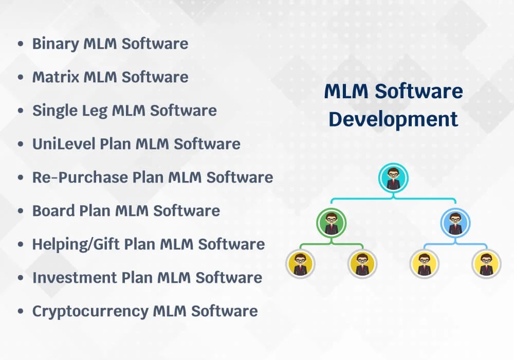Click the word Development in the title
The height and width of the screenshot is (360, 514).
(x=393, y=119)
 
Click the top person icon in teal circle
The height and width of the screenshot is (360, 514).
(x=393, y=178)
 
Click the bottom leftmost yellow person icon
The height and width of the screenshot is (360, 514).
(x=300, y=264)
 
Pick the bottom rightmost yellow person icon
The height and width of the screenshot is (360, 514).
(x=486, y=264)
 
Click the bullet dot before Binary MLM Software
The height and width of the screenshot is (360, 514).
(x=21, y=44)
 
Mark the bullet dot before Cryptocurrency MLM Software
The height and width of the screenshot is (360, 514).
(x=21, y=312)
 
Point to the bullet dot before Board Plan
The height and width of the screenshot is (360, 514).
(x=21, y=211)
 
